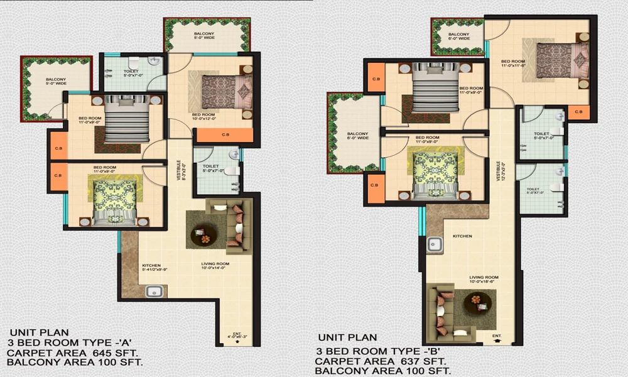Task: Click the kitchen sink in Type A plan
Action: [154, 291]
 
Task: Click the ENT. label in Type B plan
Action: [497, 336]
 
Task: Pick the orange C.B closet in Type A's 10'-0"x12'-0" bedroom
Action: [224, 134]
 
